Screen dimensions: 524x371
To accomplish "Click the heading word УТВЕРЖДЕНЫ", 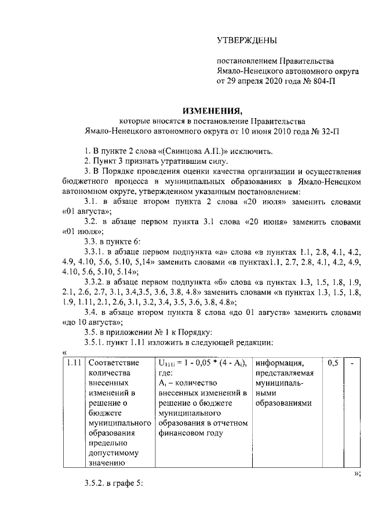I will point(246,40).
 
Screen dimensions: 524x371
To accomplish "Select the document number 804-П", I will point(322,82).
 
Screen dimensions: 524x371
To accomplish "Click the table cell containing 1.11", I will point(73,363).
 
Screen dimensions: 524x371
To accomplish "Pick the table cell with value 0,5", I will point(333,363).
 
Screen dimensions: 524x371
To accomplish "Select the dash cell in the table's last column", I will point(352,363).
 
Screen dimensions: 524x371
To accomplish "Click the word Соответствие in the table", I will point(114,363).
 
